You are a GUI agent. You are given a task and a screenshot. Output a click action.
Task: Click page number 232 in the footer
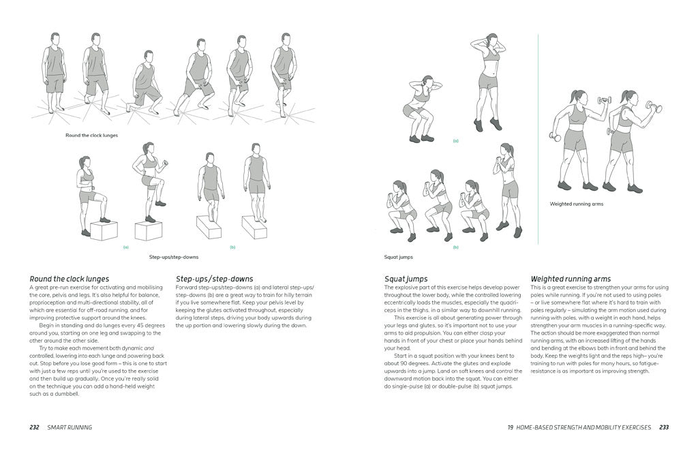click(34, 427)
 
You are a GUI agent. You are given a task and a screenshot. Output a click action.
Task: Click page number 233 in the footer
click(663, 427)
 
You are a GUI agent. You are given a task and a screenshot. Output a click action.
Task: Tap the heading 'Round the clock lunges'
click(69, 279)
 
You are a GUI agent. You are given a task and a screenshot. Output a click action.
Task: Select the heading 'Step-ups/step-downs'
click(214, 279)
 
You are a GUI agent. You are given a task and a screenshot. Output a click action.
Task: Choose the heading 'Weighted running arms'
click(571, 279)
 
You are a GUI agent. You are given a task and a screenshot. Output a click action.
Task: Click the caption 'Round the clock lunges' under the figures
click(91, 136)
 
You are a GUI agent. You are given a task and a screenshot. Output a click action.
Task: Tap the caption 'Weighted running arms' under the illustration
click(576, 204)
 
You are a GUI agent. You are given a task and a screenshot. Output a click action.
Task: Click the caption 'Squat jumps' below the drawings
click(399, 257)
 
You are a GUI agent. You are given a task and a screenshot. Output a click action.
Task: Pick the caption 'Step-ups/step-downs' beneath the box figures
click(174, 257)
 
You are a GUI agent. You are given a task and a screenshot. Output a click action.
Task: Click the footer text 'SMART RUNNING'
click(70, 427)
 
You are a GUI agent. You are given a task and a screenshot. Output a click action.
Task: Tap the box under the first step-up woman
click(104, 230)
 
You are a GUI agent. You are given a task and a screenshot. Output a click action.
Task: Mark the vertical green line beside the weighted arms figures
click(538, 136)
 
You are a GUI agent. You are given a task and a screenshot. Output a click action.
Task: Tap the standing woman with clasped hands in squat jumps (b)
click(506, 187)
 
